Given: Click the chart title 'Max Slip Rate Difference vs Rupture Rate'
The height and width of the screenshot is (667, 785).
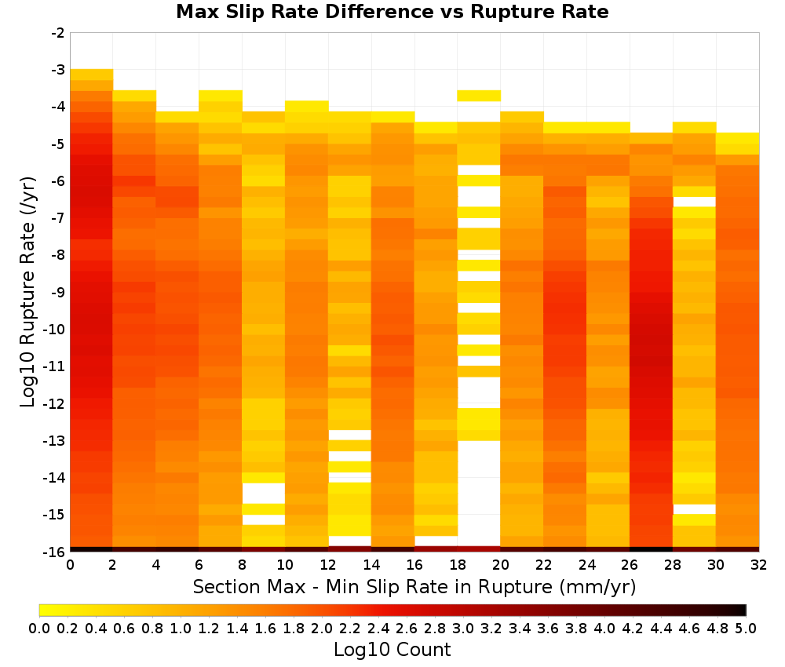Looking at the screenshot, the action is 392,12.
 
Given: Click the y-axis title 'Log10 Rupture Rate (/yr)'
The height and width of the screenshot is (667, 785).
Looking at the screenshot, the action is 28,292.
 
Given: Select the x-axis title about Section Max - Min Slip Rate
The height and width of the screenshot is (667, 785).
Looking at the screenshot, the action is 414,586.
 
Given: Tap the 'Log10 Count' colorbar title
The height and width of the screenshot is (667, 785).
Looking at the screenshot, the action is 392,650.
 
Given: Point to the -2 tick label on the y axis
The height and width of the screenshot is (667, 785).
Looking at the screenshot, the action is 58,33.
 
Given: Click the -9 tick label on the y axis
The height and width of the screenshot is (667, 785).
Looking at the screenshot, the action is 58,292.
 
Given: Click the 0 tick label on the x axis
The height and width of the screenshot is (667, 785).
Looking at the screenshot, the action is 70,565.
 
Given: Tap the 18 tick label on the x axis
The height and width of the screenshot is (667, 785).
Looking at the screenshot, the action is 458,565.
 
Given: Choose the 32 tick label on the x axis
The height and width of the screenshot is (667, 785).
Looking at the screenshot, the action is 759,565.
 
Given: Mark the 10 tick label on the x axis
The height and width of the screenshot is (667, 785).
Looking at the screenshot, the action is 286,565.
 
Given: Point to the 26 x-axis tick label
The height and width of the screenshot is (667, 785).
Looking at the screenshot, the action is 630,565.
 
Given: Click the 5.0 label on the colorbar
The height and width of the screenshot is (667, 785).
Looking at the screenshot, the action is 746,628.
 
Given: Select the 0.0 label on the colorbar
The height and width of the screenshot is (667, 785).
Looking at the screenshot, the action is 39,628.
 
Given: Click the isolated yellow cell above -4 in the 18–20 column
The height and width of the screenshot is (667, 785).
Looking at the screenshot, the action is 479,96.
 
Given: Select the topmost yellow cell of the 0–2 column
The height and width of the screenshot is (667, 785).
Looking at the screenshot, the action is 92,75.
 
